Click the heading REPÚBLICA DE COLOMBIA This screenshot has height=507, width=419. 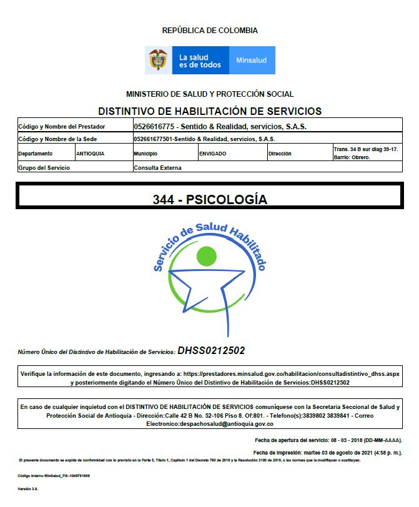click(x=210, y=30)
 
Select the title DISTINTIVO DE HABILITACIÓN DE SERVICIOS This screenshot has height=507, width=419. click(x=210, y=111)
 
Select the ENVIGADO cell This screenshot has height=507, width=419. click(x=212, y=153)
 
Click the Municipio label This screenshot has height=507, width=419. click(x=145, y=153)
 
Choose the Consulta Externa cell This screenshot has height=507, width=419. click(x=157, y=167)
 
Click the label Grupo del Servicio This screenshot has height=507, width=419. click(x=44, y=167)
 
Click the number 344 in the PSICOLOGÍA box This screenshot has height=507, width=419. click(x=164, y=200)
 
